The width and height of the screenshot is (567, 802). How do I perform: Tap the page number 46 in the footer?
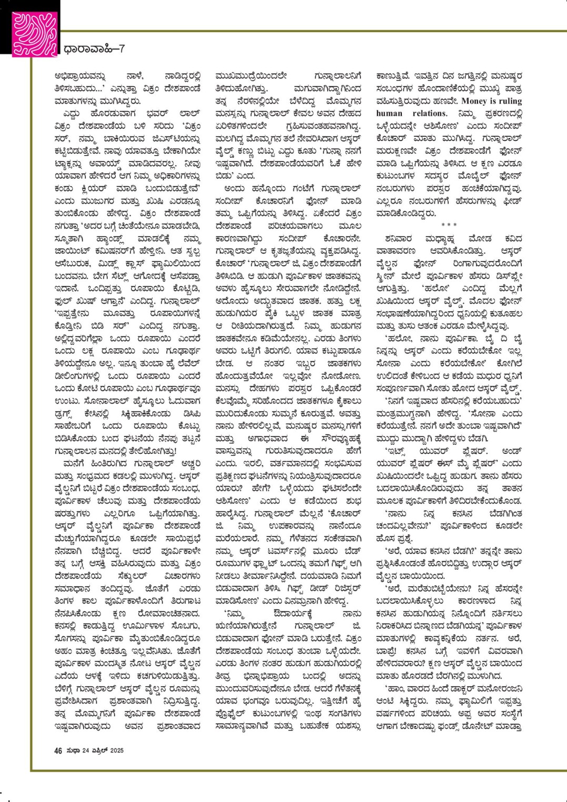coord(58,750)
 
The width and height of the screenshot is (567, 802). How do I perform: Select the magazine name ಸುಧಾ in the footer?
coord(73,750)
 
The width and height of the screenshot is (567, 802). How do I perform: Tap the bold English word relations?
coord(427,113)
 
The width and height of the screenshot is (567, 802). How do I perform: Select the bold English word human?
coord(389,113)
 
